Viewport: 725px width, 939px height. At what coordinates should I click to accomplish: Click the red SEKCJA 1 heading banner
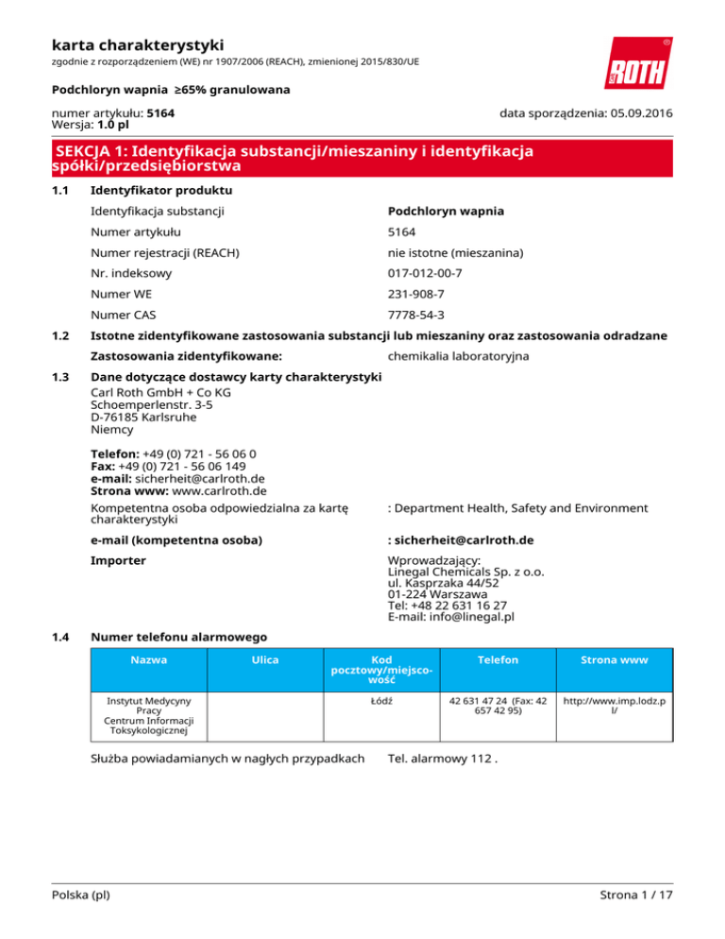[x=362, y=158]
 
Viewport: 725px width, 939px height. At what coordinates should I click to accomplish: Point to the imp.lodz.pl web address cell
[x=615, y=709]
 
